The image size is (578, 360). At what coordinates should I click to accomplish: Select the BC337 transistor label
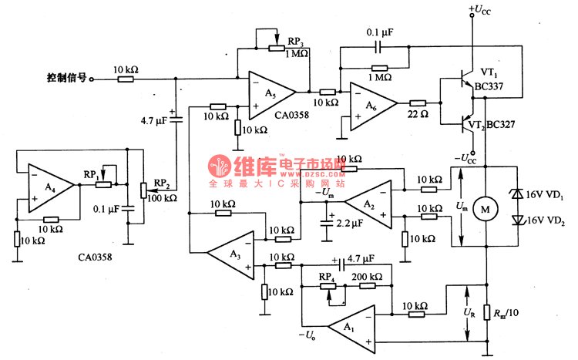490,86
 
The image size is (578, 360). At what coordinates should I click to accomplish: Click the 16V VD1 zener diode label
543,196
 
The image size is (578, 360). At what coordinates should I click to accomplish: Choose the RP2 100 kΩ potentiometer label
160,191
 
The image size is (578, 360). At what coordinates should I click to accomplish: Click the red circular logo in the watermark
219,168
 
